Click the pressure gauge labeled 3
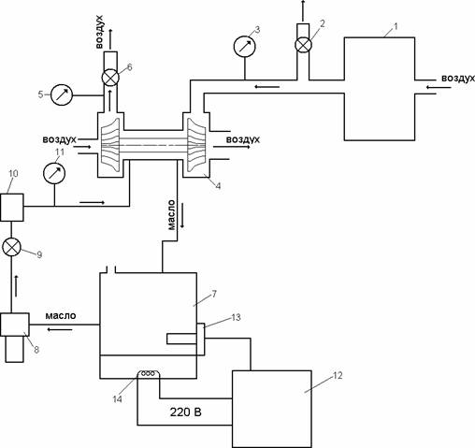pyautogui.click(x=245, y=47)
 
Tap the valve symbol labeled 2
pyautogui.click(x=303, y=44)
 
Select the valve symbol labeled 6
pyautogui.click(x=110, y=78)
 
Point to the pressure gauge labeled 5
pyautogui.click(x=62, y=94)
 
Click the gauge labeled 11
pyautogui.click(x=54, y=173)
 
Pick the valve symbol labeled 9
pyautogui.click(x=11, y=247)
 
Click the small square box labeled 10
pyautogui.click(x=12, y=208)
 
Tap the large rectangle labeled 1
pyautogui.click(x=380, y=89)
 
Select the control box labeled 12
pyautogui.click(x=271, y=409)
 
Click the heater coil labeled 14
pyautogui.click(x=148, y=373)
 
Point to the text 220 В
pyautogui.click(x=186, y=412)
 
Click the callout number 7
pyautogui.click(x=214, y=294)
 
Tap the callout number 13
pyautogui.click(x=236, y=317)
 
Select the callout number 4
pyautogui.click(x=218, y=186)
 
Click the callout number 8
pyautogui.click(x=36, y=350)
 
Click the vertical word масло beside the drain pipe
pyautogui.click(x=171, y=215)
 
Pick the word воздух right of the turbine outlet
pyautogui.click(x=243, y=139)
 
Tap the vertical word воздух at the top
pyautogui.click(x=99, y=31)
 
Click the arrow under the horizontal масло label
pyautogui.click(x=60, y=329)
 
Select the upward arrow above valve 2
pyautogui.click(x=303, y=11)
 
